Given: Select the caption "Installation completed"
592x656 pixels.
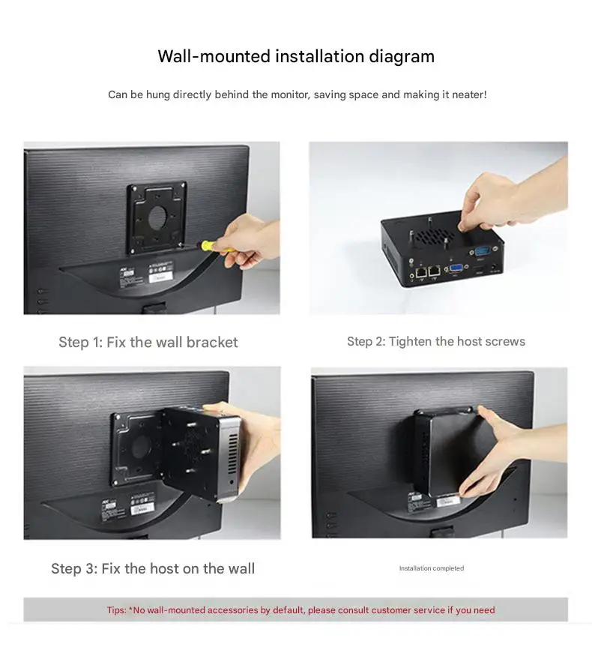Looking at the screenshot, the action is pyautogui.click(x=432, y=568).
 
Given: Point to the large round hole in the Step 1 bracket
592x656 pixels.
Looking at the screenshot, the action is pyautogui.click(x=157, y=217).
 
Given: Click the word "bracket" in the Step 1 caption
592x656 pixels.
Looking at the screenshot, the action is pyautogui.click(x=212, y=342).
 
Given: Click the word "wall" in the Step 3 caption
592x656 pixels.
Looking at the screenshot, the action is pyautogui.click(x=240, y=568).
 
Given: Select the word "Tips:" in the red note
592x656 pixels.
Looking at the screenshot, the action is pyautogui.click(x=116, y=610).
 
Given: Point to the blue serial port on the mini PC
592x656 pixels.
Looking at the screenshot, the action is pyautogui.click(x=483, y=251).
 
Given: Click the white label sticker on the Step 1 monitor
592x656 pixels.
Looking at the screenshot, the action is pyautogui.click(x=160, y=271).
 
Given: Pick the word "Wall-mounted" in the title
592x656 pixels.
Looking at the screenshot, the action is pyautogui.click(x=214, y=56).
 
